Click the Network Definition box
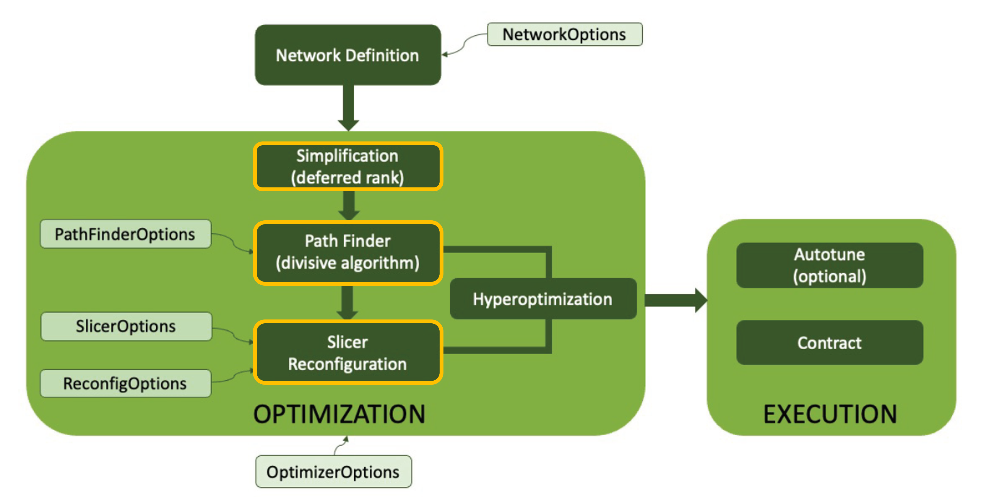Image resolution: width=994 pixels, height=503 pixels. pyautogui.click(x=348, y=55)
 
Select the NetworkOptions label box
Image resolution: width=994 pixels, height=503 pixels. pyautogui.click(x=565, y=34)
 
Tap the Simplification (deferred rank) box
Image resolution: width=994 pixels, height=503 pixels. pyautogui.click(x=348, y=166)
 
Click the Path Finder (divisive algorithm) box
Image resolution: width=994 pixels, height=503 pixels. pyautogui.click(x=348, y=252)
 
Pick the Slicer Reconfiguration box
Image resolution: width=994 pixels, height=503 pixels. pyautogui.click(x=348, y=352)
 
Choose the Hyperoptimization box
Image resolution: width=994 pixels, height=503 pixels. pyautogui.click(x=543, y=299)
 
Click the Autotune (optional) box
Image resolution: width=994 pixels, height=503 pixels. pyautogui.click(x=830, y=265)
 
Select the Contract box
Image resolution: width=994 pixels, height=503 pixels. pyautogui.click(x=830, y=342)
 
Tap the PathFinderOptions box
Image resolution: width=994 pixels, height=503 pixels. pyautogui.click(x=125, y=234)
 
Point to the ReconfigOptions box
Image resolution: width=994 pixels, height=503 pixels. pyautogui.click(x=125, y=383)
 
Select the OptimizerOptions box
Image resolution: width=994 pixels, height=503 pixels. pyautogui.click(x=333, y=472)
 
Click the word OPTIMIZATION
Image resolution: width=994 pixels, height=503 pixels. pyautogui.click(x=339, y=414)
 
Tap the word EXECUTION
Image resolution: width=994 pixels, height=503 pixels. pyautogui.click(x=830, y=414)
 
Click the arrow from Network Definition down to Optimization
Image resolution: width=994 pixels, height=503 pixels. pyautogui.click(x=349, y=108)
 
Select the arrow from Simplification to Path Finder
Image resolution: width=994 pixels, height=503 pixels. pyautogui.click(x=349, y=206)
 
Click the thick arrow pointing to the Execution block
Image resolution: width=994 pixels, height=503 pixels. pyautogui.click(x=676, y=300)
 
